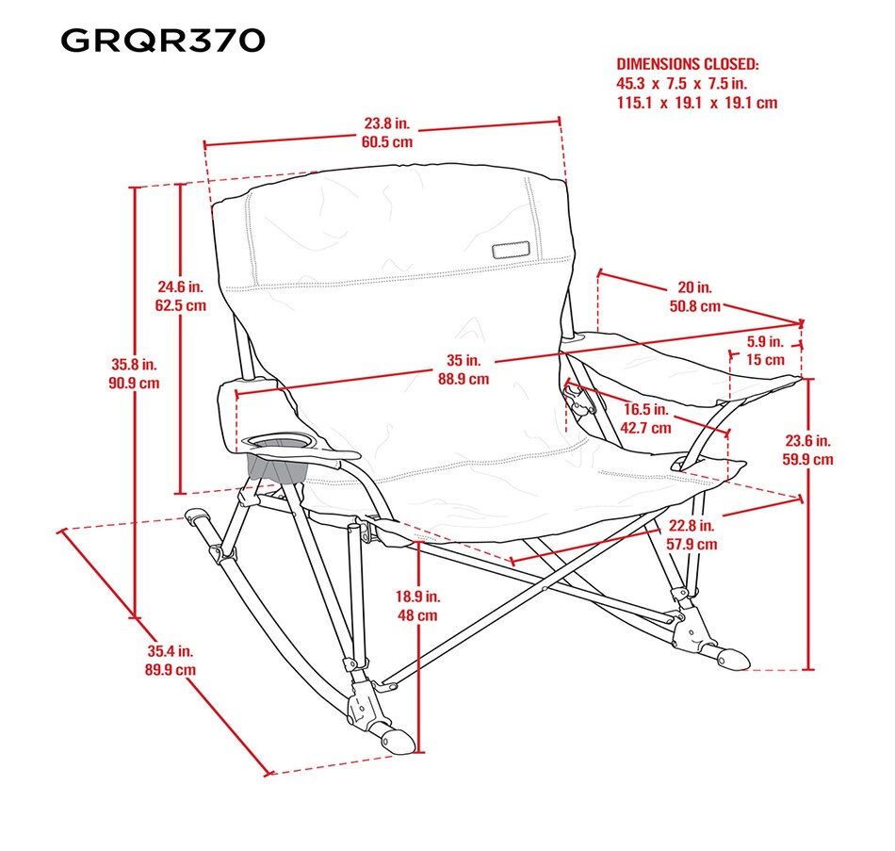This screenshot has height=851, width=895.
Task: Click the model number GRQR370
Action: [162, 41]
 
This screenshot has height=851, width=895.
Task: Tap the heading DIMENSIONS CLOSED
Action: [687, 64]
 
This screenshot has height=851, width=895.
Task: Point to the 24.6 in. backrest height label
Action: [180, 286]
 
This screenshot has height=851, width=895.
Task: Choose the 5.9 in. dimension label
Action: [764, 342]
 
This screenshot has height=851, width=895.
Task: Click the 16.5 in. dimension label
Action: [647, 410]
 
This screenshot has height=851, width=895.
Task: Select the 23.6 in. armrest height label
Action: [809, 441]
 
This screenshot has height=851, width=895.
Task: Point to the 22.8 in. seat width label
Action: [692, 526]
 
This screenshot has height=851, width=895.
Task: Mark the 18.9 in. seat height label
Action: [416, 597]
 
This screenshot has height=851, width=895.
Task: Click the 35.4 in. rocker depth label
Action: [171, 650]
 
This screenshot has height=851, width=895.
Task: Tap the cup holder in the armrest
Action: [283, 441]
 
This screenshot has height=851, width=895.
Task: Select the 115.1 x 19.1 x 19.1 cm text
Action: [696, 103]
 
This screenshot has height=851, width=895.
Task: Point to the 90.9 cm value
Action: [135, 383]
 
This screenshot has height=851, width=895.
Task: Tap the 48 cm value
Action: [416, 615]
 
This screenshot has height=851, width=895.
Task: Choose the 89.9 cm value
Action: [171, 669]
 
